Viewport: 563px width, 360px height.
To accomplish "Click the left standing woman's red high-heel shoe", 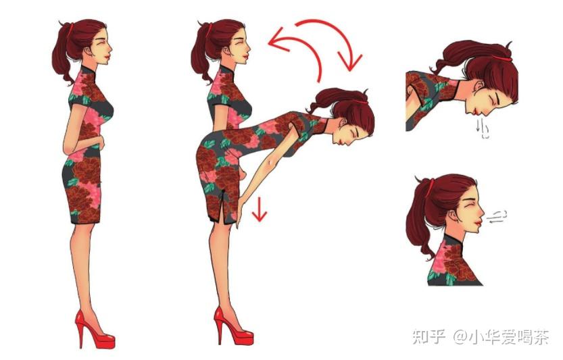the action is (94, 330).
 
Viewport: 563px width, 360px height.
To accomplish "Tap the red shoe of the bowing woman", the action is (233, 327).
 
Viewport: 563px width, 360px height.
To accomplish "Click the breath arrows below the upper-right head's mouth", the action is (482, 129).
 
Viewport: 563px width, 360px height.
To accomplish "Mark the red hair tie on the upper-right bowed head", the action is (501, 57).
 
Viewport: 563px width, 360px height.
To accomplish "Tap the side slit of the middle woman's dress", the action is (223, 205).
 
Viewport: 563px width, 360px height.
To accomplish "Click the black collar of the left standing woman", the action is (88, 70).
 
